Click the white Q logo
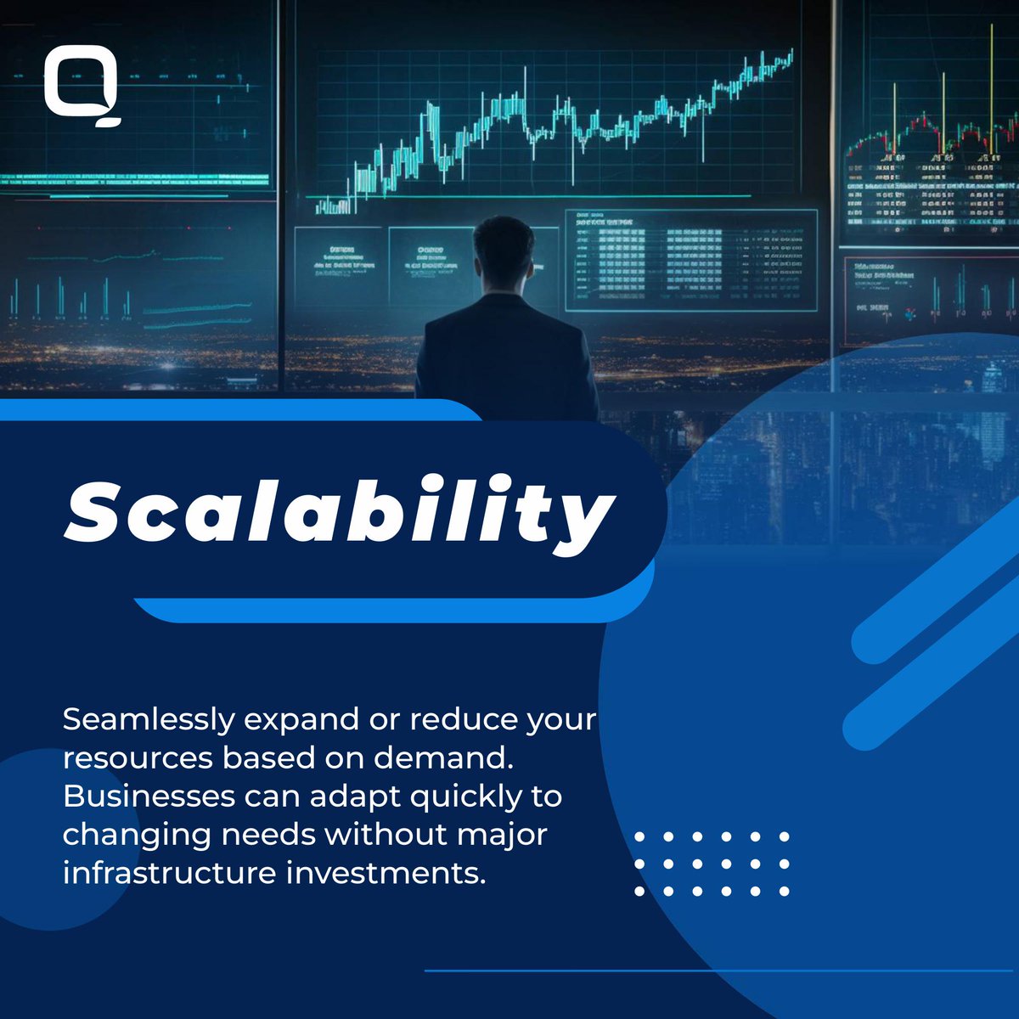click(x=82, y=87)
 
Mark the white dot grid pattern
click(x=712, y=864)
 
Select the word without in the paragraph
click(x=386, y=835)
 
